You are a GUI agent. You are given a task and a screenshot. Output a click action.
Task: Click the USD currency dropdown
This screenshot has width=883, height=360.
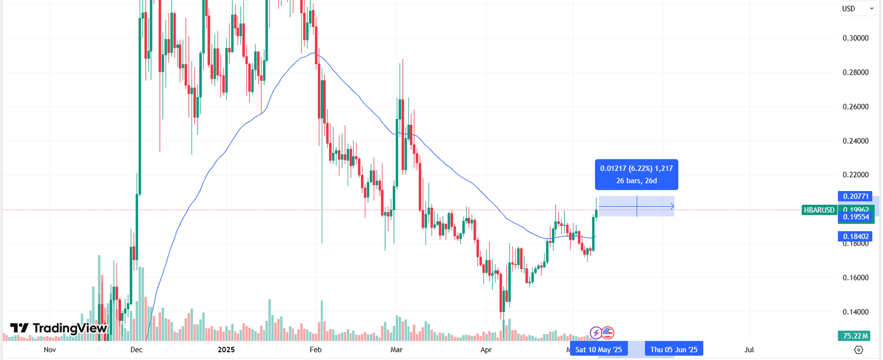click(x=857, y=8)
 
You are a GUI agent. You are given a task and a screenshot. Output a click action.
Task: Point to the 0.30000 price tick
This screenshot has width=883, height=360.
click(x=855, y=38)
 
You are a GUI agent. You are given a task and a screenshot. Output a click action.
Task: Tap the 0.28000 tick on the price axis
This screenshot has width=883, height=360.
click(x=855, y=72)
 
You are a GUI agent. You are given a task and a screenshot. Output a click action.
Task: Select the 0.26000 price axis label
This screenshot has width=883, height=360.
click(x=855, y=107)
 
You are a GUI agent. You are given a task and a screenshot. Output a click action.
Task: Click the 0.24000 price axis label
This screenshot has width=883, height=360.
click(x=855, y=141)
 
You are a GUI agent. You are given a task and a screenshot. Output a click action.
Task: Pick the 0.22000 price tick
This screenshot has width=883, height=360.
click(x=855, y=175)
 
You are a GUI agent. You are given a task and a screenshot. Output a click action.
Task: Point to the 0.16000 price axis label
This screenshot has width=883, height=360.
click(x=855, y=278)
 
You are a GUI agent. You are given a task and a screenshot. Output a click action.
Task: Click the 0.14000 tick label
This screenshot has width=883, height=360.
click(x=855, y=312)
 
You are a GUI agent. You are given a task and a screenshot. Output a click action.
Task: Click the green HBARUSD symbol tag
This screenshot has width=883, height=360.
click(x=819, y=210)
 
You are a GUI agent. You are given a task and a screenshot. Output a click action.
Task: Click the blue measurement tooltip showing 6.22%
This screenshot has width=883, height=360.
click(x=636, y=174)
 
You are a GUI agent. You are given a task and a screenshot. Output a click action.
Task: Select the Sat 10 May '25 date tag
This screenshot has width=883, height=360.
click(x=598, y=350)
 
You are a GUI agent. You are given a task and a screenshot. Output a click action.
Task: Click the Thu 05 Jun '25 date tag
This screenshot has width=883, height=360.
click(x=673, y=350)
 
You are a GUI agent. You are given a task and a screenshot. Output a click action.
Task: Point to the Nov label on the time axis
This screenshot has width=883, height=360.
click(x=50, y=350)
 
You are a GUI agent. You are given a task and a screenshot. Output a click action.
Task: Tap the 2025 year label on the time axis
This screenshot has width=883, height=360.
click(x=226, y=350)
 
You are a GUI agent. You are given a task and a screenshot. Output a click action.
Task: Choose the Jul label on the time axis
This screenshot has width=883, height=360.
click(x=749, y=350)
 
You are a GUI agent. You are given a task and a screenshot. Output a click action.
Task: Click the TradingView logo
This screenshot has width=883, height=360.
click(x=58, y=328)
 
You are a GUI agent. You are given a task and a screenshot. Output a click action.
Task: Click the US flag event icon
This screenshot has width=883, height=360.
click(x=608, y=332)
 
